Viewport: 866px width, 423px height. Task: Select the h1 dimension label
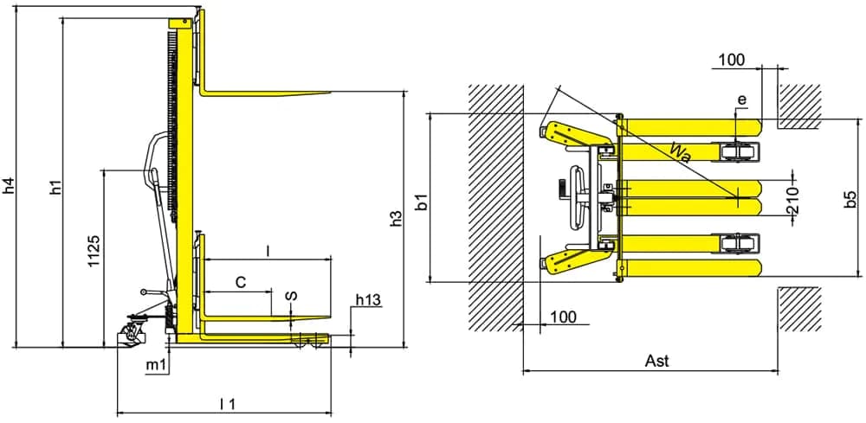[x=55, y=187]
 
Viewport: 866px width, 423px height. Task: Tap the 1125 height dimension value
[x=94, y=251]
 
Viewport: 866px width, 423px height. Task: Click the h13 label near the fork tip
[x=368, y=300]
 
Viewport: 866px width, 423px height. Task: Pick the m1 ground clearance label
[x=156, y=365]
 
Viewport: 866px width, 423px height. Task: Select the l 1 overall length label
[x=228, y=404]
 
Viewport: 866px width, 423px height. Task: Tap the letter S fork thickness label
[x=292, y=295]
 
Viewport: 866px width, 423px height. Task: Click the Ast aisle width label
[x=656, y=362]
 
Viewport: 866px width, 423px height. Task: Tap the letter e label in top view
[x=742, y=99]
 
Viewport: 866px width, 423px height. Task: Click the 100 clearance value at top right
[x=733, y=60]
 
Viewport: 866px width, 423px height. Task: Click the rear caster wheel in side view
[x=132, y=334]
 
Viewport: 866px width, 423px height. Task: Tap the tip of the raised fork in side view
[x=330, y=93]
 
